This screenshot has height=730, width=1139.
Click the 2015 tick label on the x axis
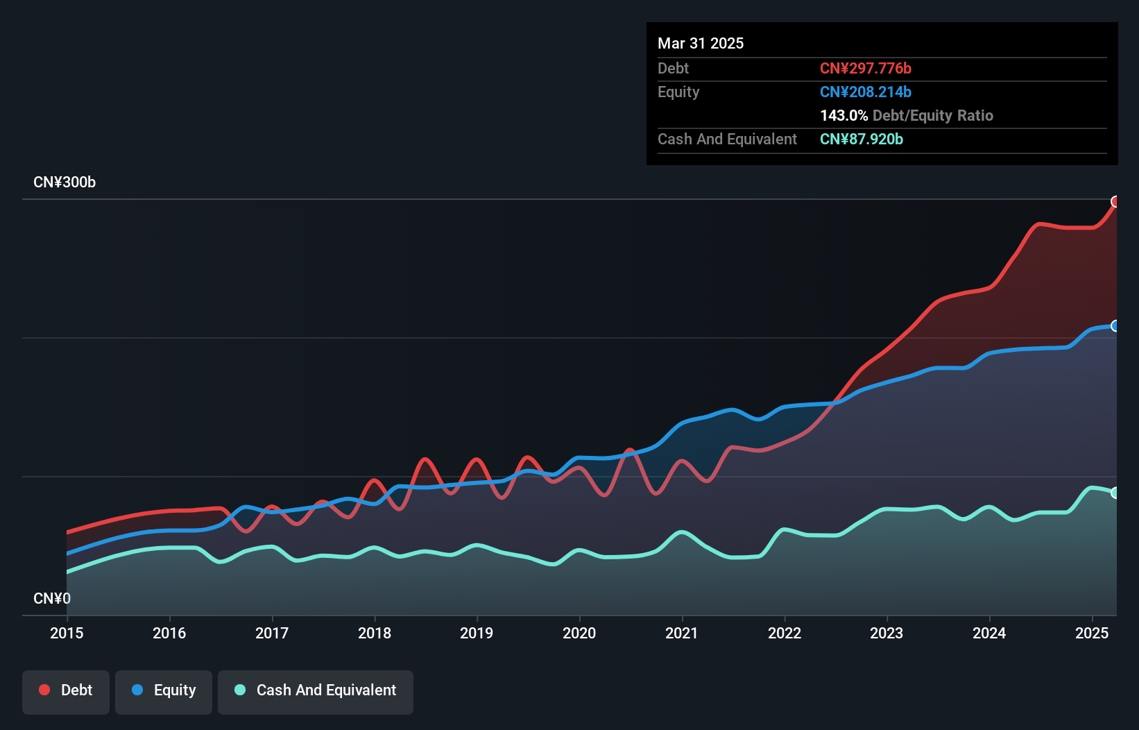67,633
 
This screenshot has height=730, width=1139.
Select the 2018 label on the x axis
375,633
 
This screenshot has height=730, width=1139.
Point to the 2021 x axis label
682,633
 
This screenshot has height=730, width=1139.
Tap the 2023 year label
887,633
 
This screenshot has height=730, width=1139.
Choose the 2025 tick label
1092,633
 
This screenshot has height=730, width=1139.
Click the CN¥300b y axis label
65,182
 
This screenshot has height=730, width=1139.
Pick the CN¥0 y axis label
52,598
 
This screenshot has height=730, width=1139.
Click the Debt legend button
66,690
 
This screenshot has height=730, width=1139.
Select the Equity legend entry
164,690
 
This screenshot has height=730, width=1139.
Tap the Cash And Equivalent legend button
316,690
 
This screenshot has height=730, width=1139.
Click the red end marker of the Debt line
1115,202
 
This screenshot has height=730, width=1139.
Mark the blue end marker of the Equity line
1115,326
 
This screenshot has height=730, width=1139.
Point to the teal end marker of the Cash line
1115,493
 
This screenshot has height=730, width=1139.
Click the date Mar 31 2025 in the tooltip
701,44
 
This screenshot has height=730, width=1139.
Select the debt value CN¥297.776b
866,69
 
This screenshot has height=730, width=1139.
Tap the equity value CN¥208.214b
866,92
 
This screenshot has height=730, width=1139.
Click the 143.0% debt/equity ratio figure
844,116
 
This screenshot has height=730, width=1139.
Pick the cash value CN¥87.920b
862,139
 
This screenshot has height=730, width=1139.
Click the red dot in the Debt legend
44,690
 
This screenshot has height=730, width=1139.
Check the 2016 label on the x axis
169,633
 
